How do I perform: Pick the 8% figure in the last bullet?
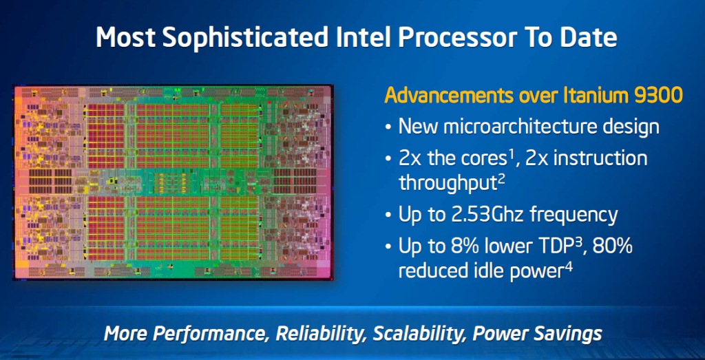tap(452, 246)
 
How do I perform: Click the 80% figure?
tap(616, 246)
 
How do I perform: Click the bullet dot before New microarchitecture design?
tap(388, 127)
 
